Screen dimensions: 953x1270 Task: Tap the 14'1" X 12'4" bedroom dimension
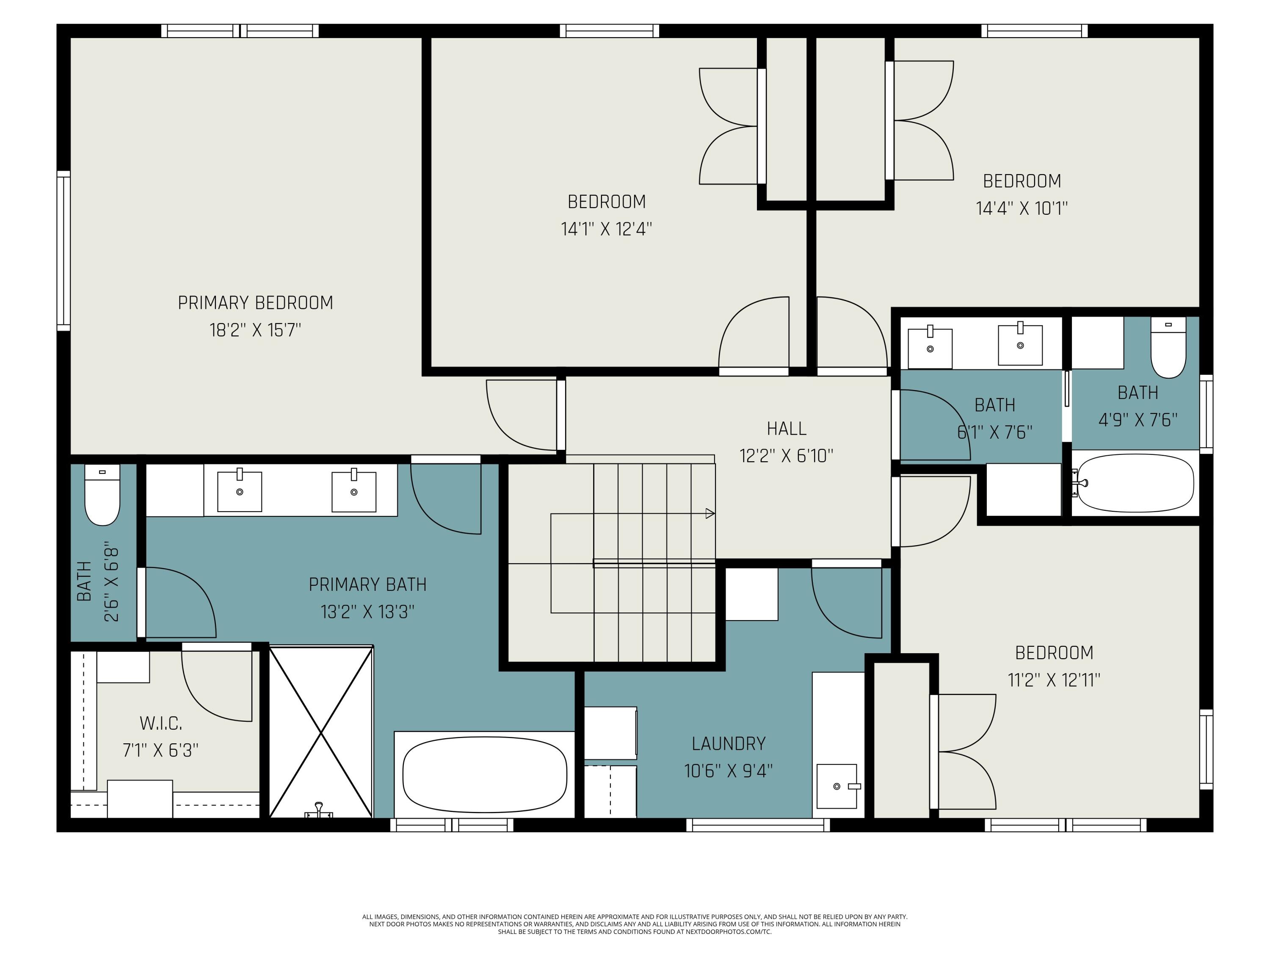click(x=606, y=229)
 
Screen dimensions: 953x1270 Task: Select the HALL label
click(x=786, y=429)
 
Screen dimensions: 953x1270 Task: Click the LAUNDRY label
click(x=728, y=744)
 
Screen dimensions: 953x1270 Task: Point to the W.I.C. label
click(x=161, y=723)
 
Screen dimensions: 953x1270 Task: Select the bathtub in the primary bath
click(x=484, y=773)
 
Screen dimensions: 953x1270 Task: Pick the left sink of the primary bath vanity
click(x=240, y=491)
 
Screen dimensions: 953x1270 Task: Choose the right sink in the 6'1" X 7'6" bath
click(x=1020, y=345)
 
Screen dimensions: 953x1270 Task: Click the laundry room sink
click(x=837, y=786)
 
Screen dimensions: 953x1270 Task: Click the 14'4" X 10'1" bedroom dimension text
click(x=1022, y=208)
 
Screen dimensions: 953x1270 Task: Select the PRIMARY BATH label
click(x=367, y=585)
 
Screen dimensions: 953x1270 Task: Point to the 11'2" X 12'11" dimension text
click(x=1054, y=680)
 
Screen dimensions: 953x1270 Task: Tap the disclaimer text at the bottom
click(x=635, y=924)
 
